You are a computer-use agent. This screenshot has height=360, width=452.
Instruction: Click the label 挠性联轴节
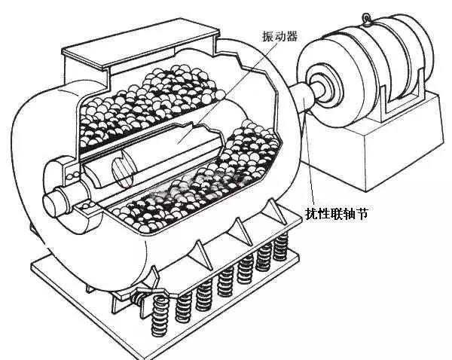[x=337, y=215]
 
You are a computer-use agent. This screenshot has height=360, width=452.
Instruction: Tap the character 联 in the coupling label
[x=337, y=215]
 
